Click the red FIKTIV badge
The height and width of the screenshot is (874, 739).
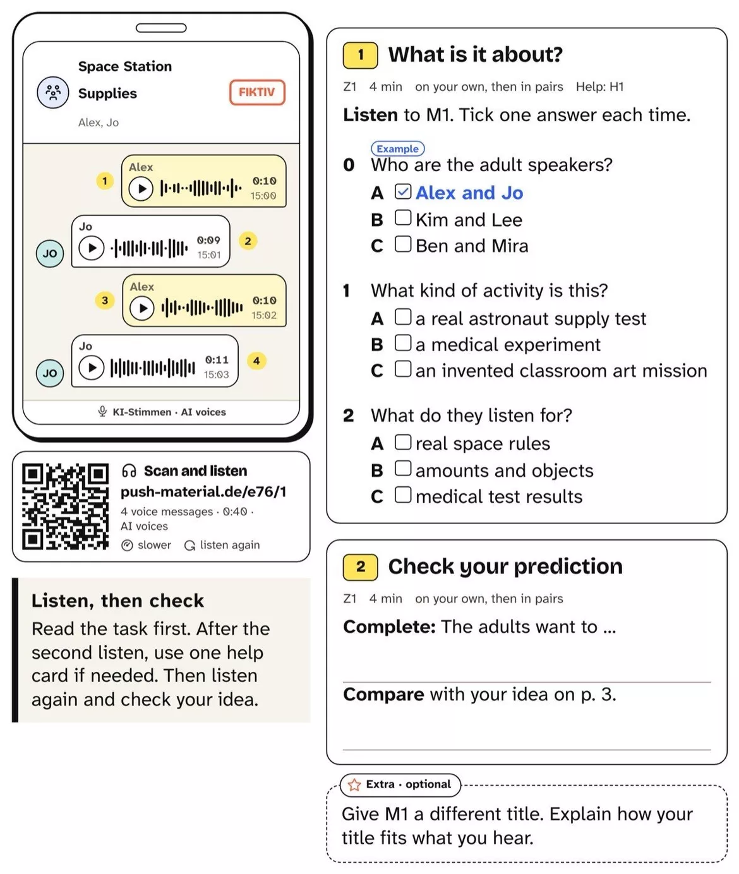coord(257,92)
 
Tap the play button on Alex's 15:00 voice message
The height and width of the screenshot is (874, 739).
coord(141,188)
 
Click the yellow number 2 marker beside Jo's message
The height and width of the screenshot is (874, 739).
coord(248,241)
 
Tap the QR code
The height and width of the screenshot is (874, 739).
coord(65,506)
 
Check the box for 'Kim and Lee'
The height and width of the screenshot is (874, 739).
coord(403,218)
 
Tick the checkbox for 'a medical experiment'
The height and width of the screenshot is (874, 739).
coord(403,342)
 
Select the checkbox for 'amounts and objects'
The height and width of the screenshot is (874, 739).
coord(403,468)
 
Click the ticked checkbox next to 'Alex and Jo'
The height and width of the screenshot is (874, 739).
coord(403,191)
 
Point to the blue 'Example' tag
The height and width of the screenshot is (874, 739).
coord(398,148)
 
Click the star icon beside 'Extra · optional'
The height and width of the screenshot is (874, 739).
coord(354,785)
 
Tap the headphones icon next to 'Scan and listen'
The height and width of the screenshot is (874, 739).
coord(129,470)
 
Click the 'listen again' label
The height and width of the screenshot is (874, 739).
coord(230,545)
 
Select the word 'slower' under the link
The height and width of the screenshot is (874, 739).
coord(154,545)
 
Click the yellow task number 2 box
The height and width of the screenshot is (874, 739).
coord(361,566)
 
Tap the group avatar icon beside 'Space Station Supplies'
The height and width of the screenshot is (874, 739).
coord(53,93)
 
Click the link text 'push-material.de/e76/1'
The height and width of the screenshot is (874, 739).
coord(203,492)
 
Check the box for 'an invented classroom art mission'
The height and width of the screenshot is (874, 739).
coord(403,368)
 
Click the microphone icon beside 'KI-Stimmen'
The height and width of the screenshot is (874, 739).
coord(102,411)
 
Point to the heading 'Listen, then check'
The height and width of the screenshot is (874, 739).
coord(117,601)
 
